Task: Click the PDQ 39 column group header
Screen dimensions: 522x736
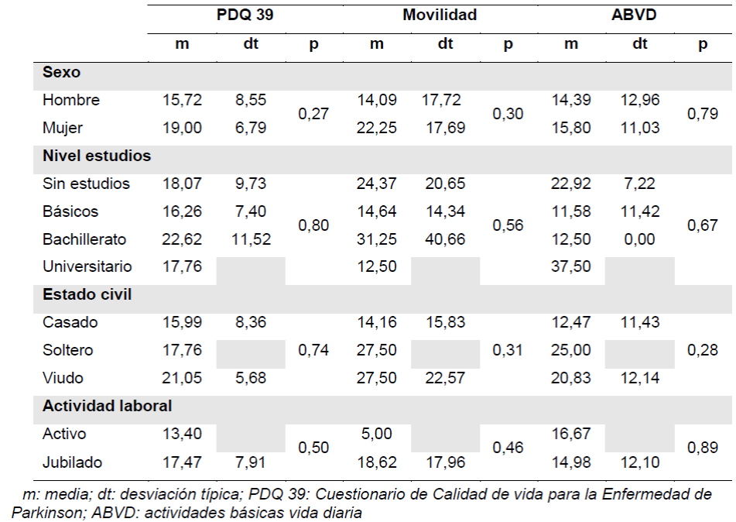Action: [245, 15]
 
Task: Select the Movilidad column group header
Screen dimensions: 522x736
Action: [440, 15]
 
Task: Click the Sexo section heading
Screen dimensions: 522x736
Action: [62, 73]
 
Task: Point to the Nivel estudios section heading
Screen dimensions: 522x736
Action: [97, 156]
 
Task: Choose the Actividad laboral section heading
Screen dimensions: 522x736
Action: [108, 406]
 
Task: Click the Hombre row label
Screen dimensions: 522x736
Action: [71, 100]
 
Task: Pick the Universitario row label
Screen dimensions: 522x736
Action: [87, 266]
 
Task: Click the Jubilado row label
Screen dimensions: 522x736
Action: [72, 462]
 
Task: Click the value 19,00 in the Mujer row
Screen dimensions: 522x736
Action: [182, 128]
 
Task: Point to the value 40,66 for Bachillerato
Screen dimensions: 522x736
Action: [445, 239]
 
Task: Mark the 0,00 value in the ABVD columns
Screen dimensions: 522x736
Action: [639, 239]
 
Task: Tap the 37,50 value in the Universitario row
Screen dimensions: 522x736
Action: [571, 266]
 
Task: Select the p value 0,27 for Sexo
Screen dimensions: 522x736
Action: [313, 114]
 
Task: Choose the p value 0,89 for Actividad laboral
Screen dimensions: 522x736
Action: [703, 448]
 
